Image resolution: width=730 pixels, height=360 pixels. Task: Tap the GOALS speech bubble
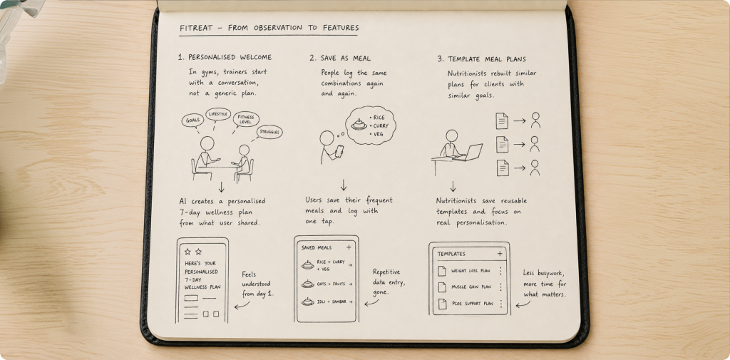192,120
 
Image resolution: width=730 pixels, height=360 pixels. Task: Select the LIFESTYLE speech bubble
218,114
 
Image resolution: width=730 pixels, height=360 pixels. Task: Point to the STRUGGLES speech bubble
269,132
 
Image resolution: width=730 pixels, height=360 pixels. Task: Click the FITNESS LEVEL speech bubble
246,119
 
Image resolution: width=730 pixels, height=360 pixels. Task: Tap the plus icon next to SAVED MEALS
349,247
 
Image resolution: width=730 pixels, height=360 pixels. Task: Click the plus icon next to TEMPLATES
500,254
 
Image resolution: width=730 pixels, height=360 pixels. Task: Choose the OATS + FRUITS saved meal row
327,284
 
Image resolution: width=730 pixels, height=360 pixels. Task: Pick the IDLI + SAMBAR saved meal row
327,302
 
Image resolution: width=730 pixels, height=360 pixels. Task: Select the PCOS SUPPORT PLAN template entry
471,304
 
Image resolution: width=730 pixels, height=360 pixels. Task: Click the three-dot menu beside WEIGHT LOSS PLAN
500,271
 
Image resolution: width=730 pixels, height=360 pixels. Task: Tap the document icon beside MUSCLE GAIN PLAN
442,287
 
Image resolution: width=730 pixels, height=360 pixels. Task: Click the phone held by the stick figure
339,151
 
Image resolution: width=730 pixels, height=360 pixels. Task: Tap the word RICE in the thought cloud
379,118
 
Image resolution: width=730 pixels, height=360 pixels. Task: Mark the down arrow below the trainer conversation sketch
222,187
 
